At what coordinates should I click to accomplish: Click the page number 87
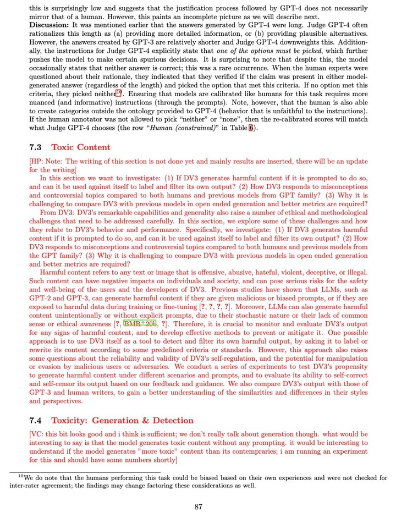(x=198, y=507)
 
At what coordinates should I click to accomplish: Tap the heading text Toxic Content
(x=81, y=147)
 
